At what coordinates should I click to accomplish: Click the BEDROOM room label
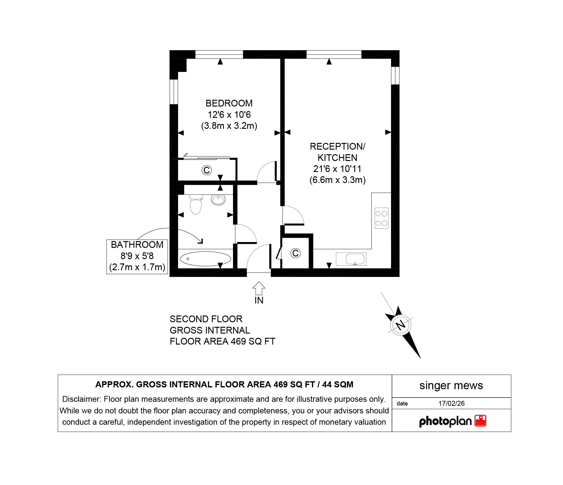pos(229,103)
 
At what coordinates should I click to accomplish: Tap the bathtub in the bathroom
pos(205,259)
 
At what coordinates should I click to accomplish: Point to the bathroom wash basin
pos(218,200)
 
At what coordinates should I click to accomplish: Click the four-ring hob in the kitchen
pos(381,218)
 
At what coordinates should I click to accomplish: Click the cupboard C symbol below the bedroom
pos(207,170)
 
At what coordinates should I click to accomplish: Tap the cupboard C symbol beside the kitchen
pos(295,253)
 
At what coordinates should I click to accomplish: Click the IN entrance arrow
pos(259,288)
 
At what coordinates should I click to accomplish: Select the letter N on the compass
pos(401,325)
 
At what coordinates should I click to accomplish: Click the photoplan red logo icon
pos(480,421)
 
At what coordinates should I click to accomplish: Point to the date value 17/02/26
pos(451,403)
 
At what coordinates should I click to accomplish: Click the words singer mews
pos(451,386)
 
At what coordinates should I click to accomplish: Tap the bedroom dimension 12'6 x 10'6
pos(229,115)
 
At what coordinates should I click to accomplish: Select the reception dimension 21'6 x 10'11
pos(337,169)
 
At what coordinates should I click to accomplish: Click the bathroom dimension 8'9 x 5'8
pos(137,256)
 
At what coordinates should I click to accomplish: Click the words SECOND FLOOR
pos(206,319)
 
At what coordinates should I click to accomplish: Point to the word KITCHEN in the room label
pos(337,158)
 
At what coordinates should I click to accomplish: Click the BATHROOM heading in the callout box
pos(137,245)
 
